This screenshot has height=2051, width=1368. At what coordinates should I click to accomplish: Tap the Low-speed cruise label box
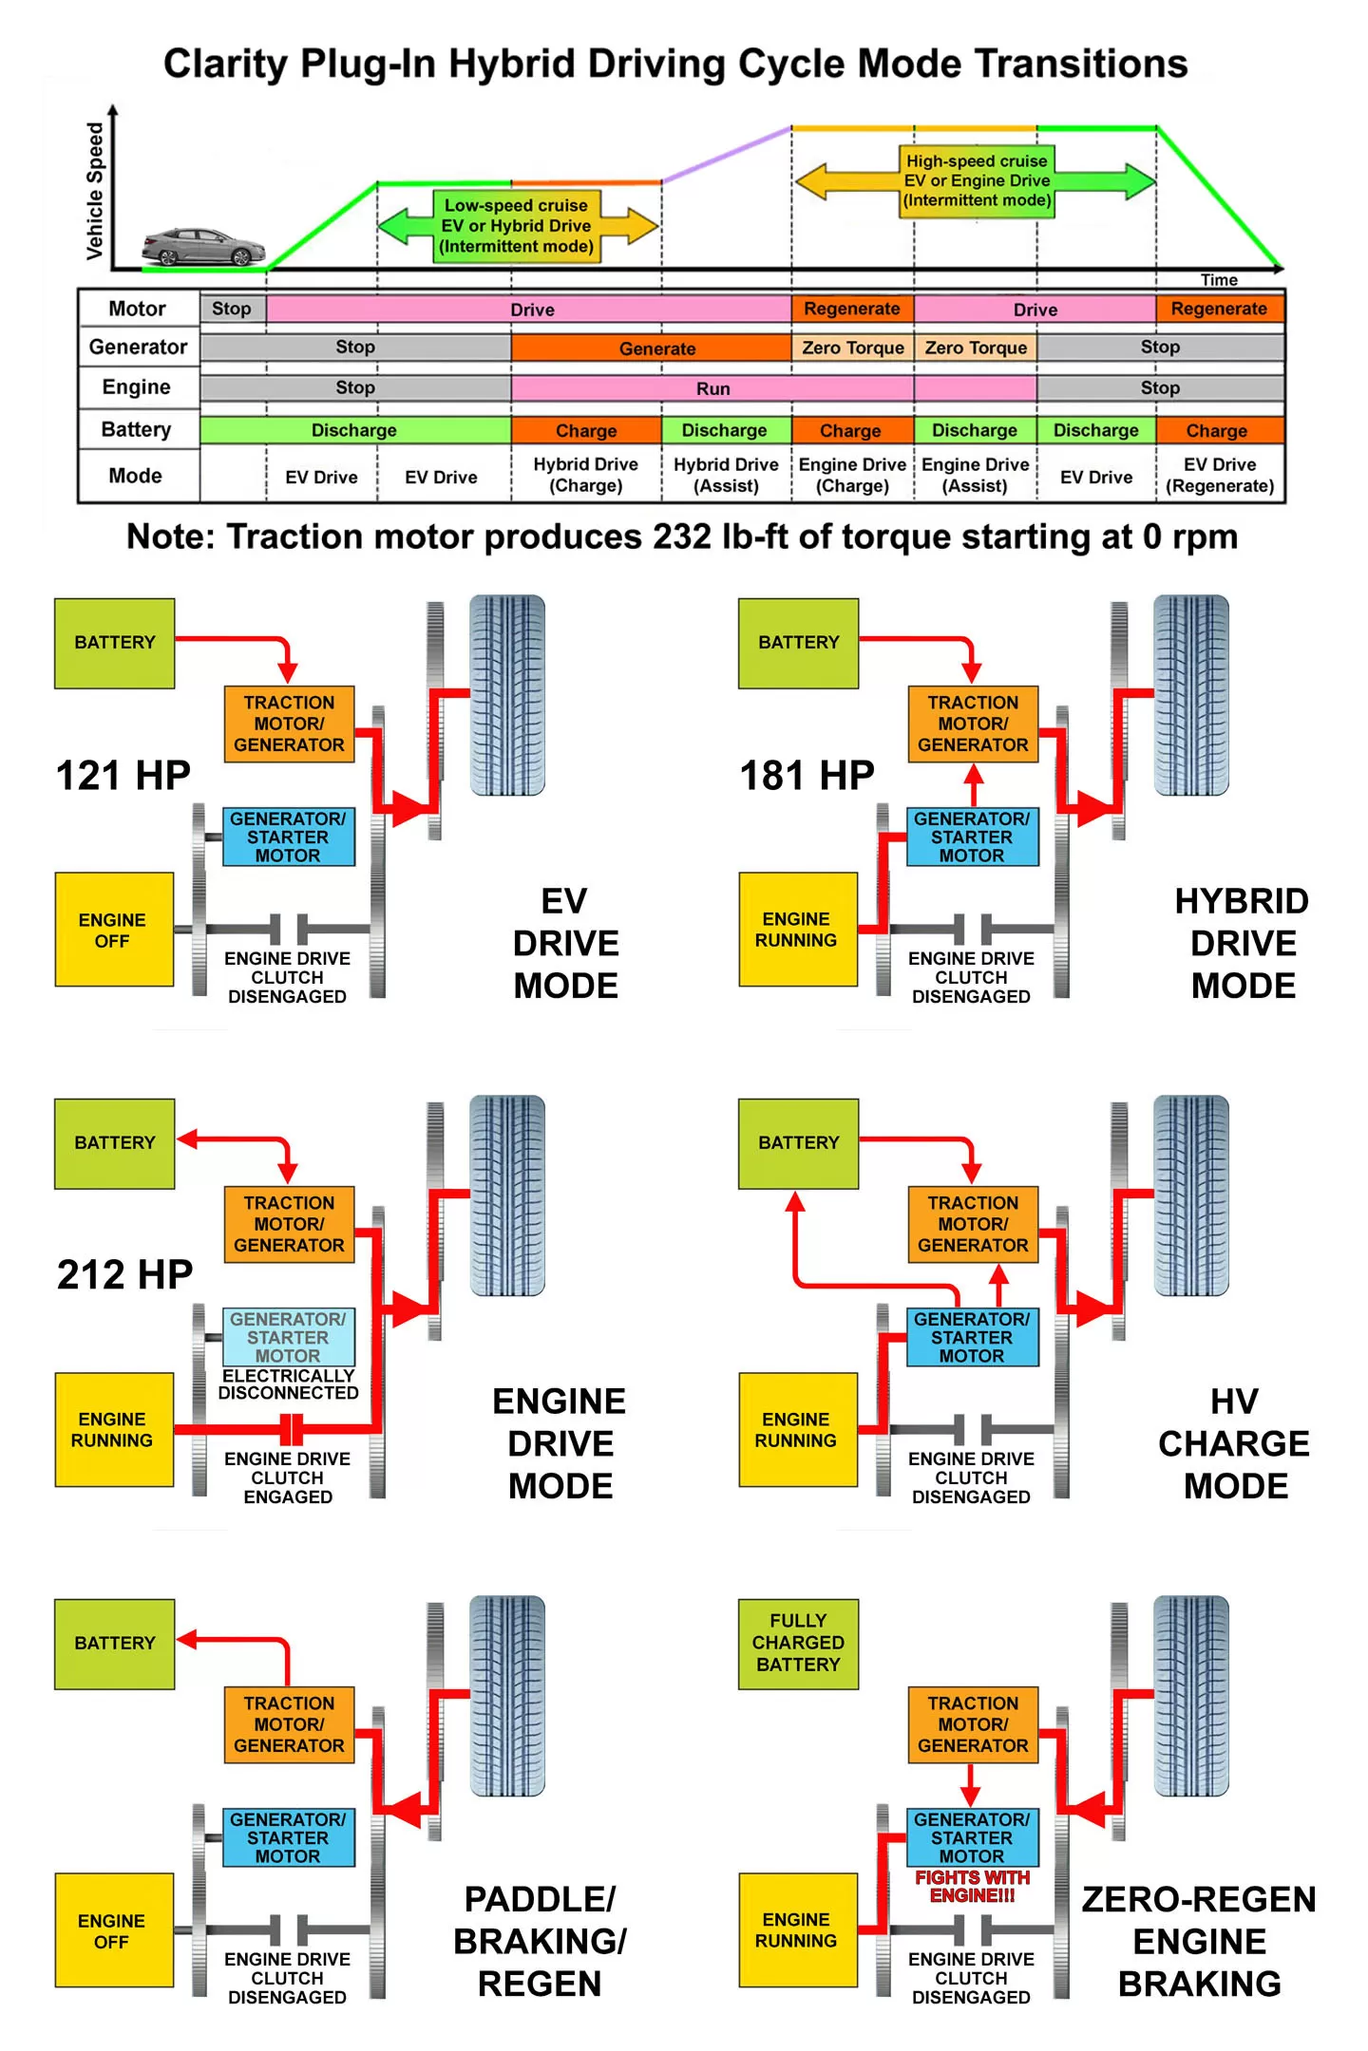pos(516,226)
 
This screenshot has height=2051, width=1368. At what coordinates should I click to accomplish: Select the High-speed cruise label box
pos(977,180)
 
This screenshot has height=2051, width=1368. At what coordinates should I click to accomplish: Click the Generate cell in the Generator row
pos(656,348)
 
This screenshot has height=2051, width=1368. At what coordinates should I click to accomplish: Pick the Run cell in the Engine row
pos(712,388)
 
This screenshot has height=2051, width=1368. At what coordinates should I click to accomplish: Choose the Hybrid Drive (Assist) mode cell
pos(726,475)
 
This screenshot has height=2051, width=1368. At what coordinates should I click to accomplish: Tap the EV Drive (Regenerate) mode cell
pos(1220,475)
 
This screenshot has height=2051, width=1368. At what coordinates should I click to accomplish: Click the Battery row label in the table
pos(137,429)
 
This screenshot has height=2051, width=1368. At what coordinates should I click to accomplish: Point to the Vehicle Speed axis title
pos(95,191)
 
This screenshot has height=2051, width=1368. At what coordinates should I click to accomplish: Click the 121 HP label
pos(123,775)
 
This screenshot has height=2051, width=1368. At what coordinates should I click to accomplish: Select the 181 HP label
pos(807,775)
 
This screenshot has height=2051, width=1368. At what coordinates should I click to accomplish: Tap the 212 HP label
pos(124,1274)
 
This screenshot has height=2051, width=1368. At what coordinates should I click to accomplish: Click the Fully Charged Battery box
pos(798,1643)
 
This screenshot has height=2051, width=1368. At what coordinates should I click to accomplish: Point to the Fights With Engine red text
pos(972,1886)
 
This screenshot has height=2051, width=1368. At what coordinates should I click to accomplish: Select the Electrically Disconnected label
pos(288,1384)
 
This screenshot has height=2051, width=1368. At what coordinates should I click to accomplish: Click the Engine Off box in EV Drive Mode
pos(113,930)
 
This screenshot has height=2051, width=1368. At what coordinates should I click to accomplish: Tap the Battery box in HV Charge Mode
pos(798,1143)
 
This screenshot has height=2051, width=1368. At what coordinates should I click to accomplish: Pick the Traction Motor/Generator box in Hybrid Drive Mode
pos(973,724)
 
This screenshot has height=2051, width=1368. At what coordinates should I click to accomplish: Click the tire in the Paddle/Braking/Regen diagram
pos(508,1695)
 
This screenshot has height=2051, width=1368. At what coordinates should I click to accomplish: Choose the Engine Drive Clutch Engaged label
pos(288,1477)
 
